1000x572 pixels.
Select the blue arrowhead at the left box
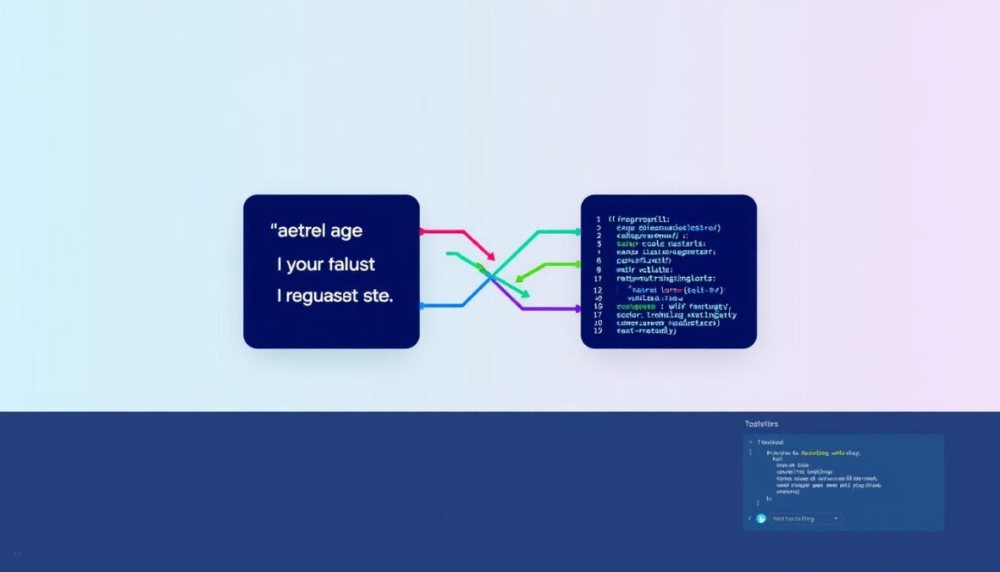tap(423, 307)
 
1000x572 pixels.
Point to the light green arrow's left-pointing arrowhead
tap(518, 277)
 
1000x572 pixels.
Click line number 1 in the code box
tap(598, 219)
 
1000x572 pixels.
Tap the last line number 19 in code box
tap(598, 331)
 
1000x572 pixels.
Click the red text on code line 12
tap(669, 288)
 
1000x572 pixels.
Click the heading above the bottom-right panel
tap(761, 424)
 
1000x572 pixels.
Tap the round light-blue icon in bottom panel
tap(760, 518)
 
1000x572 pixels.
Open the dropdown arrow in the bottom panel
tap(836, 518)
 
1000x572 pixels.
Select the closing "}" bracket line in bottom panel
tap(769, 499)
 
